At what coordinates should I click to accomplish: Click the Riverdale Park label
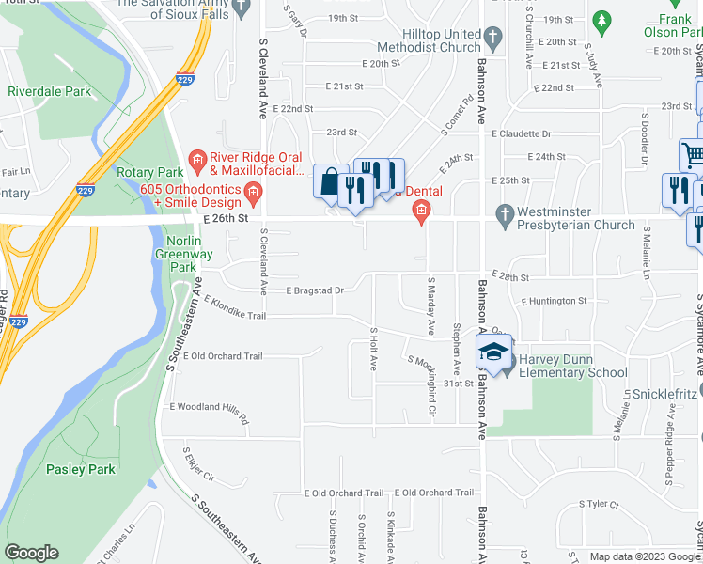point(50,91)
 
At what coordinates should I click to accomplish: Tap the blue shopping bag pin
point(330,181)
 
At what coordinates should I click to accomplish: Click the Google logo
point(32,553)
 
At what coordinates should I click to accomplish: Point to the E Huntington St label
point(554,301)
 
